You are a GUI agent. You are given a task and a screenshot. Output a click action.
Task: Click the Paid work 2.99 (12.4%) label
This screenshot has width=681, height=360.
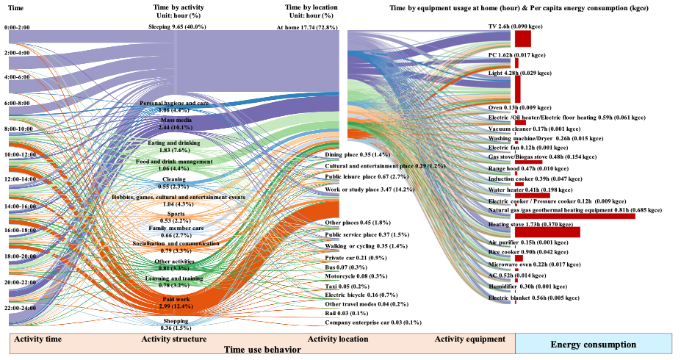pos(175,302)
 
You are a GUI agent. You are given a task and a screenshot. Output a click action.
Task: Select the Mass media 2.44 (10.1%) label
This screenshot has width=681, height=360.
pos(175,123)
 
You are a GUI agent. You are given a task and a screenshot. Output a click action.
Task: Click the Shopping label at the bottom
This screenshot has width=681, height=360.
pos(175,321)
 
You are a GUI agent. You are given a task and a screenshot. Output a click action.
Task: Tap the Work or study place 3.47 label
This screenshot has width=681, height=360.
pos(367,190)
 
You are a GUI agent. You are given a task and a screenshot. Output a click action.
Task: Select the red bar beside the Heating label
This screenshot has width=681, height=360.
pos(547,232)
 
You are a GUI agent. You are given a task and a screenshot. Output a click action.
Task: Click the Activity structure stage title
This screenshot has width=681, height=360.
pos(173,339)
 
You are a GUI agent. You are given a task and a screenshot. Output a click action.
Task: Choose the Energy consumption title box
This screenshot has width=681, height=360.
pos(594,344)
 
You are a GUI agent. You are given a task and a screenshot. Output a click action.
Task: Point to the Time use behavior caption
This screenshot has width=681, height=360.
pos(262,350)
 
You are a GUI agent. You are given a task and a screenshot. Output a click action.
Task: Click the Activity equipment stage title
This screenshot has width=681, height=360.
pos(469,339)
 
